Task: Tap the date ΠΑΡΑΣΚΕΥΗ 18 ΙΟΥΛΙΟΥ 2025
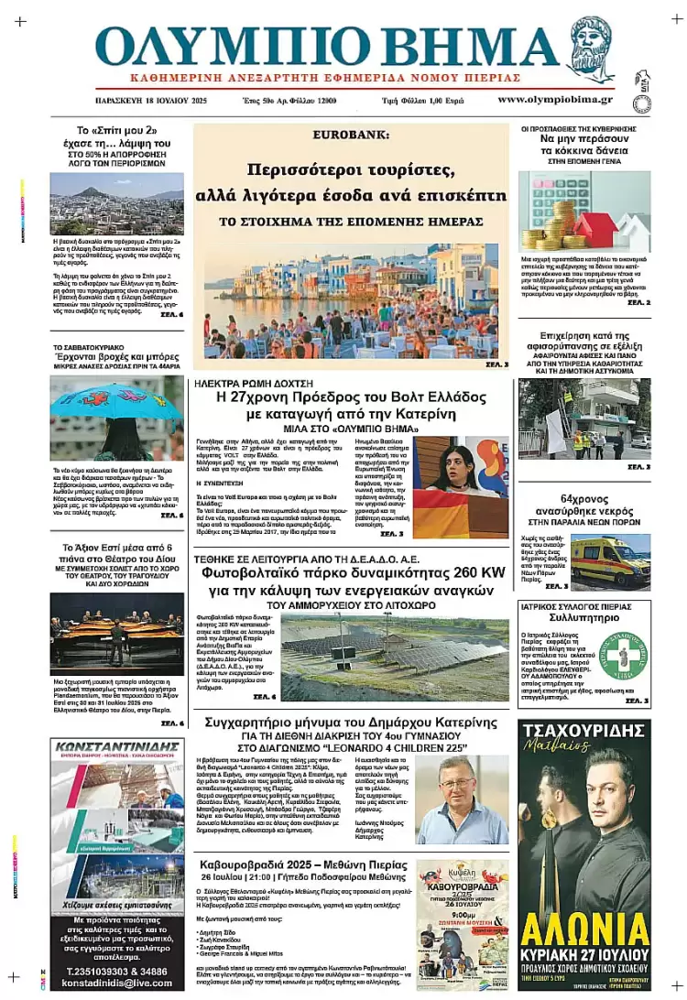(151, 100)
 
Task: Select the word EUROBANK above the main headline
(351, 135)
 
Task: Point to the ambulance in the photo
(609, 560)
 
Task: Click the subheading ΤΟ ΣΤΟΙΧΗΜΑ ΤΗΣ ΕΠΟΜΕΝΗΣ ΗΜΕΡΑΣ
(351, 223)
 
